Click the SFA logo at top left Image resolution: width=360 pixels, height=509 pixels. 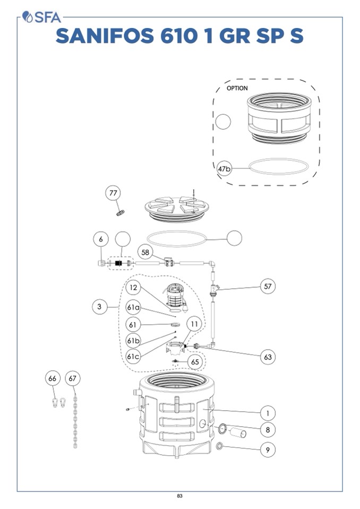[40, 17]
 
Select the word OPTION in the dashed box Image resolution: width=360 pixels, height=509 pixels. [237, 88]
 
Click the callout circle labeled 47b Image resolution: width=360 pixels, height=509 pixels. [225, 169]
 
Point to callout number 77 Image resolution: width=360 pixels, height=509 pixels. [113, 194]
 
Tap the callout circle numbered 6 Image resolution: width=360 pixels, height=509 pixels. [101, 239]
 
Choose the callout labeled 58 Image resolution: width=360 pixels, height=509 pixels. [145, 252]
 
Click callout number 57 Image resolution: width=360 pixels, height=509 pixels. [268, 286]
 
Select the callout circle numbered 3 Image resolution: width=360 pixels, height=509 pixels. [99, 306]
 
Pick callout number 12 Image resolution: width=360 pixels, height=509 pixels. [133, 288]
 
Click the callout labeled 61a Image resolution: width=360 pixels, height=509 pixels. [133, 307]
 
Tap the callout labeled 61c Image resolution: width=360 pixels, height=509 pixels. [133, 356]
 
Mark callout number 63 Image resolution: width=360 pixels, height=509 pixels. [268, 357]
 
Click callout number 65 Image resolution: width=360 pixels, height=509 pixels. [195, 362]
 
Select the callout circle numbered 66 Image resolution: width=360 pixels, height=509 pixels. [52, 378]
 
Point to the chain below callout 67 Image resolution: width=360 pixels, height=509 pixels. [75, 419]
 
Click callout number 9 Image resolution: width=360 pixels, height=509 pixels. [268, 450]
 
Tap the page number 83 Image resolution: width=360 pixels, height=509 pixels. [179, 496]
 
